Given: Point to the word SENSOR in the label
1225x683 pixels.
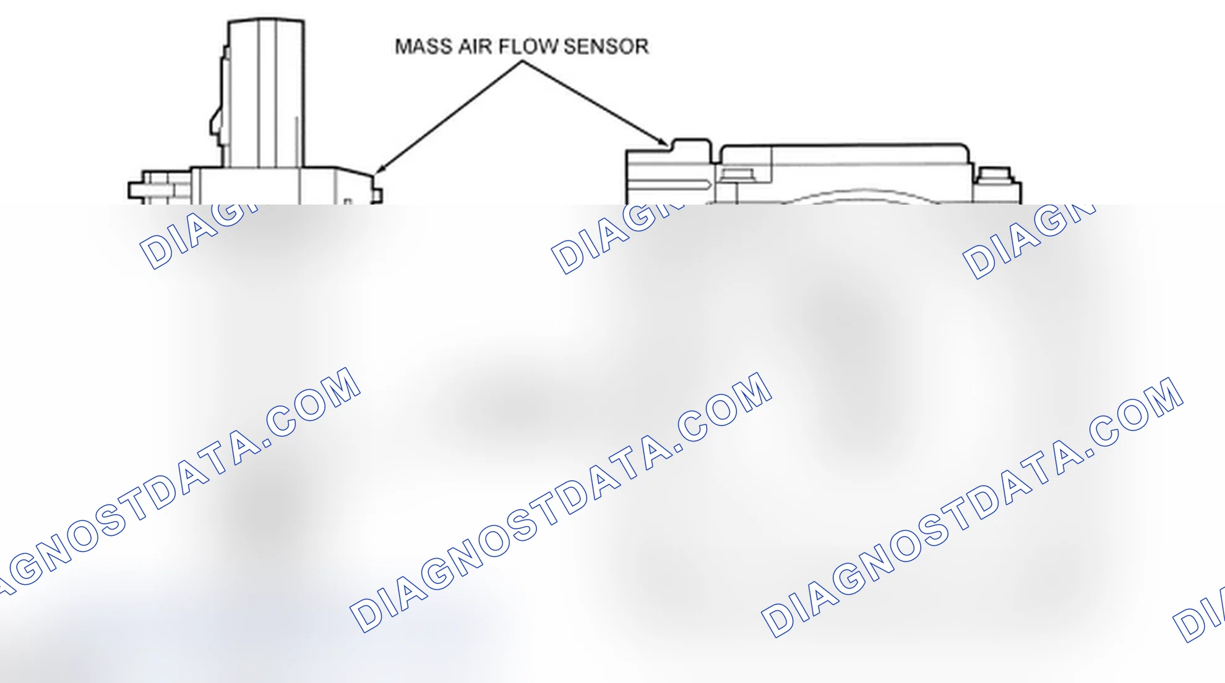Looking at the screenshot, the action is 606,47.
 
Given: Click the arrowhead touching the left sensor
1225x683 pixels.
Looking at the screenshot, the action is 380,169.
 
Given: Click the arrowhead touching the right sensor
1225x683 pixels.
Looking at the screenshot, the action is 663,142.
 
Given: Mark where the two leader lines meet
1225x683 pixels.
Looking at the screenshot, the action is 523,61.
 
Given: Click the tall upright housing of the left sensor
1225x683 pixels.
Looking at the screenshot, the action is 266,93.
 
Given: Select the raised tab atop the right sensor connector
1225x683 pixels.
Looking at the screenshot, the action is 692,145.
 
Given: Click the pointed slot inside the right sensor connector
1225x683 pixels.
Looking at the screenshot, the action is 671,184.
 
